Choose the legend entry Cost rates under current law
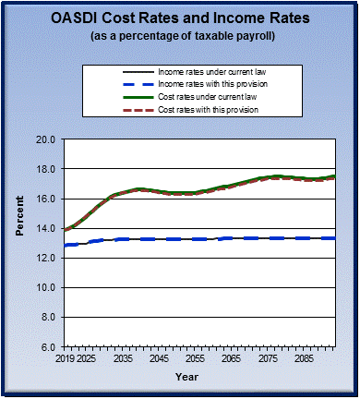pyautogui.click(x=206, y=98)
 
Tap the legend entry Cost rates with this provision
pyautogui.click(x=208, y=111)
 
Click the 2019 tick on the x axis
pyautogui.click(x=63, y=357)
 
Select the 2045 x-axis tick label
pyautogui.click(x=159, y=357)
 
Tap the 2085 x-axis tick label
pyautogui.click(x=305, y=357)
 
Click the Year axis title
pyautogui.click(x=186, y=377)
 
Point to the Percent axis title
pyautogui.click(x=19, y=243)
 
